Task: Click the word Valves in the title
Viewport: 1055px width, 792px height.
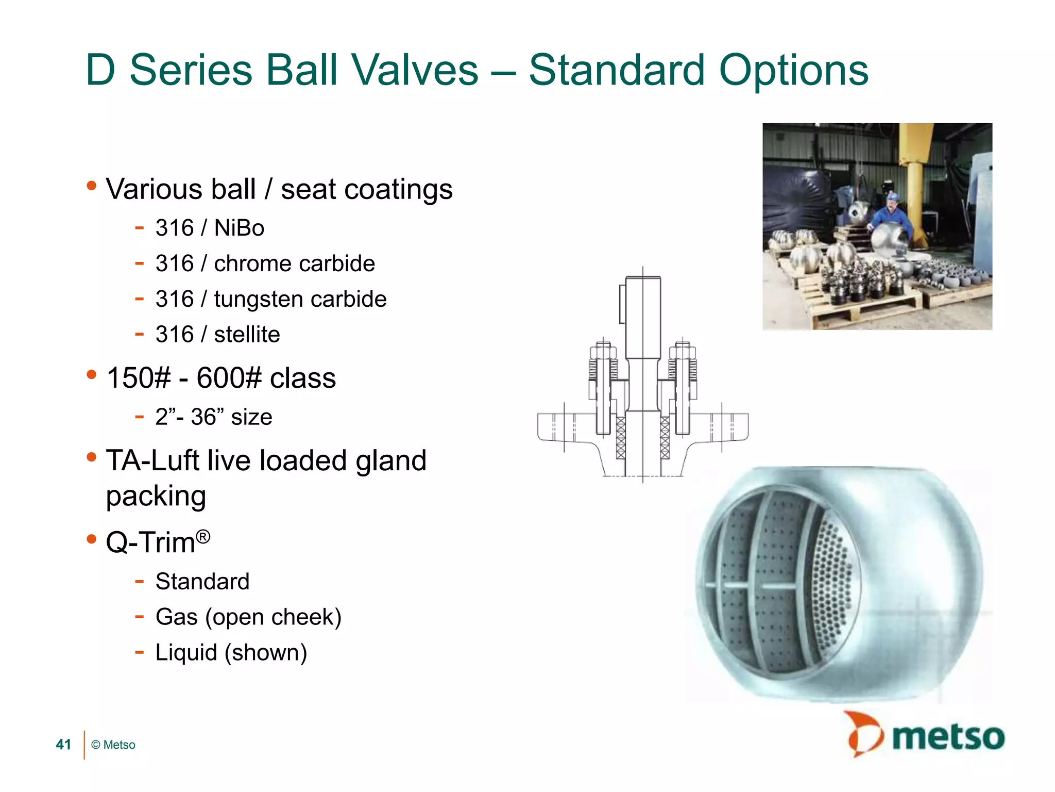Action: pos(416,70)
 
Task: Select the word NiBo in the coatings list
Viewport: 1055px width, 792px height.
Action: pos(239,228)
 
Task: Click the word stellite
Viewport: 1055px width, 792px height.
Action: pos(247,335)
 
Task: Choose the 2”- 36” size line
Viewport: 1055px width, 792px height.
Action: pos(213,417)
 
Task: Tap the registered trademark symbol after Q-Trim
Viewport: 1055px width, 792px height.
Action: pos(203,537)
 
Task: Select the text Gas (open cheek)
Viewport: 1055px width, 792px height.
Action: pos(248,617)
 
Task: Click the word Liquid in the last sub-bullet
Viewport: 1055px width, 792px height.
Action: pos(186,653)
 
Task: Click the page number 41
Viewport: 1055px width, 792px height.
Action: pos(63,745)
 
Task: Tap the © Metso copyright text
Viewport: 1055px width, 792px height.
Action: pos(113,745)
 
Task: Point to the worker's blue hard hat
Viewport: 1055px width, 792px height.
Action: pos(892,196)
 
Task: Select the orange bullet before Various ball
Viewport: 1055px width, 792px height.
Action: pos(92,186)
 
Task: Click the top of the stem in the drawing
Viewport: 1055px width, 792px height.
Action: pos(643,279)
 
